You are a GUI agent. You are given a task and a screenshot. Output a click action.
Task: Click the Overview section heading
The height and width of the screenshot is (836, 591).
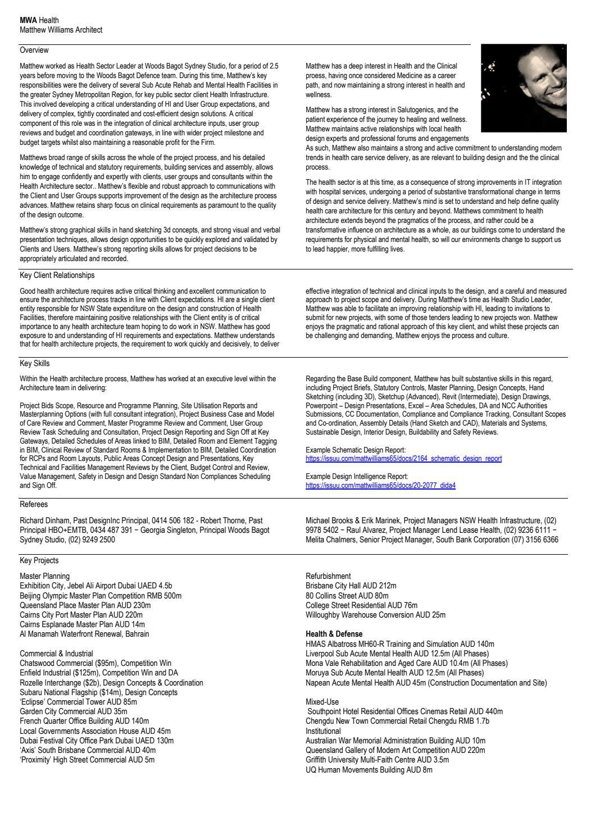point(34,51)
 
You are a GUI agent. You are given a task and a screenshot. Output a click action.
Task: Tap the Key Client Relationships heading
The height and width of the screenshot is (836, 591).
point(57,276)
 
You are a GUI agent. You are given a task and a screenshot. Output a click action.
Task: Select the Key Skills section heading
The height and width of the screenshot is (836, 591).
point(34,364)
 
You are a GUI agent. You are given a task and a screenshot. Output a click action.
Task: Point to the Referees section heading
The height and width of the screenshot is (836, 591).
point(34,505)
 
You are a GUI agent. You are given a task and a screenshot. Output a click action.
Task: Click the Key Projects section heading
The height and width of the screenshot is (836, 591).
point(39,560)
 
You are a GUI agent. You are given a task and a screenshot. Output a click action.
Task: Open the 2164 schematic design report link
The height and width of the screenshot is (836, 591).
point(403,459)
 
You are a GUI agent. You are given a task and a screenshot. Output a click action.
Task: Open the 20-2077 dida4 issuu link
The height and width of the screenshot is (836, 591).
point(380,486)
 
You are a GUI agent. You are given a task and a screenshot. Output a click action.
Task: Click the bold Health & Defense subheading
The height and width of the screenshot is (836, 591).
point(334,634)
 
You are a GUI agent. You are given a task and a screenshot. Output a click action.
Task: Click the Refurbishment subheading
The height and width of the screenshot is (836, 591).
point(328,576)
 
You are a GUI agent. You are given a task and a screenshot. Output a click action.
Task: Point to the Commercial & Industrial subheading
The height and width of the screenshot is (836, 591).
point(56,654)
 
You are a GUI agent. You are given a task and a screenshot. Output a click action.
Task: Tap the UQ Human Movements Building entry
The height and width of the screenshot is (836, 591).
point(369,770)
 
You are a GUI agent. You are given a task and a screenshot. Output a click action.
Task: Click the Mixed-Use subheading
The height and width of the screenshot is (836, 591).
point(321,702)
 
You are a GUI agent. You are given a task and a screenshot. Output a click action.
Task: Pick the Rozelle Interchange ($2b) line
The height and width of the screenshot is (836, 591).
point(111,683)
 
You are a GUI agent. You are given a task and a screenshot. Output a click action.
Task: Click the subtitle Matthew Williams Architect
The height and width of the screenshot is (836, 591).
point(61,30)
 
